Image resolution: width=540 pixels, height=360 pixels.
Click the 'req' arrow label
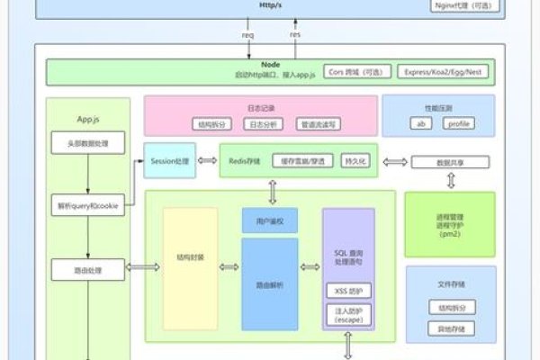247,35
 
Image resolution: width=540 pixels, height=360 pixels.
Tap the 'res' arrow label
294,35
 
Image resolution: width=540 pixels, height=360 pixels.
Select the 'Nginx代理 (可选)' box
464,5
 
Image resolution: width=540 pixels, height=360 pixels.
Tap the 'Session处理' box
171,161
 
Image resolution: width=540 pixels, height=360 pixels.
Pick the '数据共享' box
450,162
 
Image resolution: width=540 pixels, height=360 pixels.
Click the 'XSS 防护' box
347,290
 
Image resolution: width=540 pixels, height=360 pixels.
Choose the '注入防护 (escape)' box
347,314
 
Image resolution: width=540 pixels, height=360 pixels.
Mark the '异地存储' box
450,328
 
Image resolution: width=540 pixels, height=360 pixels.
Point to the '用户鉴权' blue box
270,220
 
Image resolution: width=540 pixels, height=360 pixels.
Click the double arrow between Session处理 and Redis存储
207,161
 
